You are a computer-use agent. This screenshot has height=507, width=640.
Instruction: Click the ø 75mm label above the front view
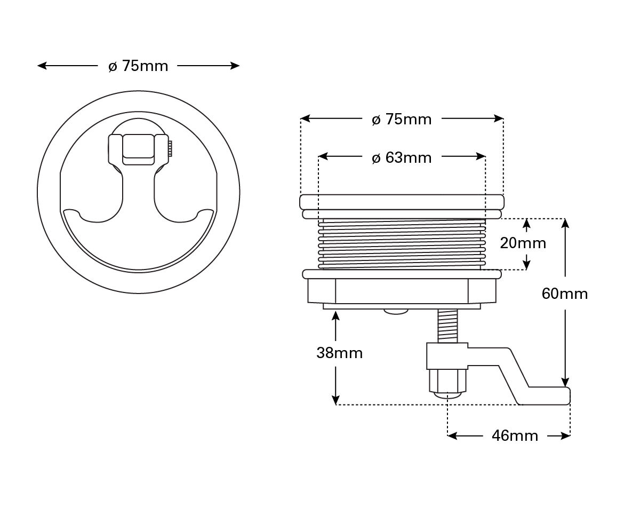point(138,66)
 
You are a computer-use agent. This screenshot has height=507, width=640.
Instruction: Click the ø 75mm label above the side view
point(402,120)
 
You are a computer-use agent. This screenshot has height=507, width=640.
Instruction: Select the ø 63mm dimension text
point(402,158)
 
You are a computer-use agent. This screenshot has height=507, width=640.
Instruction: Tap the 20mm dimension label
point(523,243)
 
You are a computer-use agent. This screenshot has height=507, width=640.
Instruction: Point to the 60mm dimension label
point(564,294)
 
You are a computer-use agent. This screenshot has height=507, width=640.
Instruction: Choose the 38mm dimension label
point(339,353)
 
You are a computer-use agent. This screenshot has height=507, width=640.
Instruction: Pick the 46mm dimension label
point(515,436)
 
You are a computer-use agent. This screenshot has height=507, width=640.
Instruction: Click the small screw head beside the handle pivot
point(170,148)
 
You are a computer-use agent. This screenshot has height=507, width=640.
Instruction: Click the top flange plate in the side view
point(402,202)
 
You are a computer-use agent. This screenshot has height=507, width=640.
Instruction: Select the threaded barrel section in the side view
point(402,244)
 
